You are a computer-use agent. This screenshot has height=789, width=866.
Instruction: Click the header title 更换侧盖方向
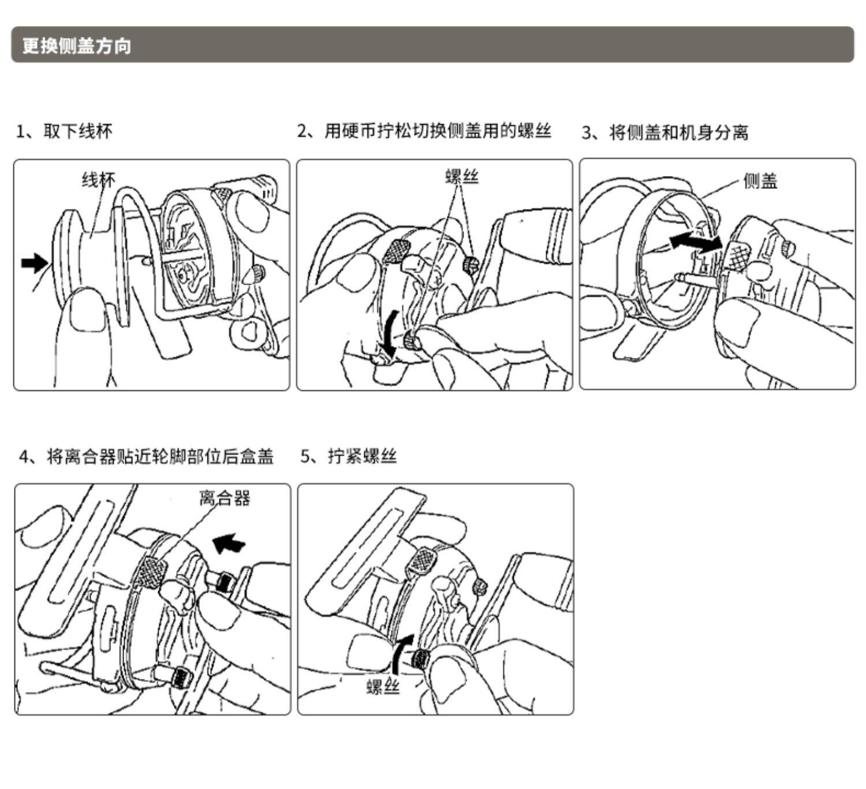pyautogui.click(x=77, y=45)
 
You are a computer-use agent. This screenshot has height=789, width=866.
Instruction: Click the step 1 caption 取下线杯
pyautogui.click(x=64, y=132)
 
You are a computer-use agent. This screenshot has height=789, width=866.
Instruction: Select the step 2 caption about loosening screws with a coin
pyautogui.click(x=424, y=132)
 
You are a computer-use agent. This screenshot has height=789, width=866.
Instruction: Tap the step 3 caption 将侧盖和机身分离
pyautogui.click(x=665, y=133)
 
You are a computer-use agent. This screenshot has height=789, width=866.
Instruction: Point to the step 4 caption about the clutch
pyautogui.click(x=147, y=457)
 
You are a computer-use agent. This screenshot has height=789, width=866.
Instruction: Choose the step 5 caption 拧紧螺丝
pyautogui.click(x=349, y=457)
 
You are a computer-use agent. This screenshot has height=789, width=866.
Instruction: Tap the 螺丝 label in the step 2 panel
pyautogui.click(x=462, y=176)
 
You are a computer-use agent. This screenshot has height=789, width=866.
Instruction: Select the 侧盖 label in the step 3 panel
pyautogui.click(x=760, y=181)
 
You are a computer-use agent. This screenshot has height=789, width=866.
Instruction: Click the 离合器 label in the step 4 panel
pyautogui.click(x=225, y=498)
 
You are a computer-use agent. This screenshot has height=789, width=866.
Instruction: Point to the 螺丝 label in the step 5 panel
pyautogui.click(x=383, y=687)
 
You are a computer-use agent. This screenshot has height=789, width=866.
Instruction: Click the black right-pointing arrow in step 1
pyautogui.click(x=35, y=263)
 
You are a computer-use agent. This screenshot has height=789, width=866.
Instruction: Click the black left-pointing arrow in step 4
pyautogui.click(x=229, y=543)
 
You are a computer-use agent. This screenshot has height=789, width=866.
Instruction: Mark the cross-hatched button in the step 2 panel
pyautogui.click(x=397, y=251)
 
